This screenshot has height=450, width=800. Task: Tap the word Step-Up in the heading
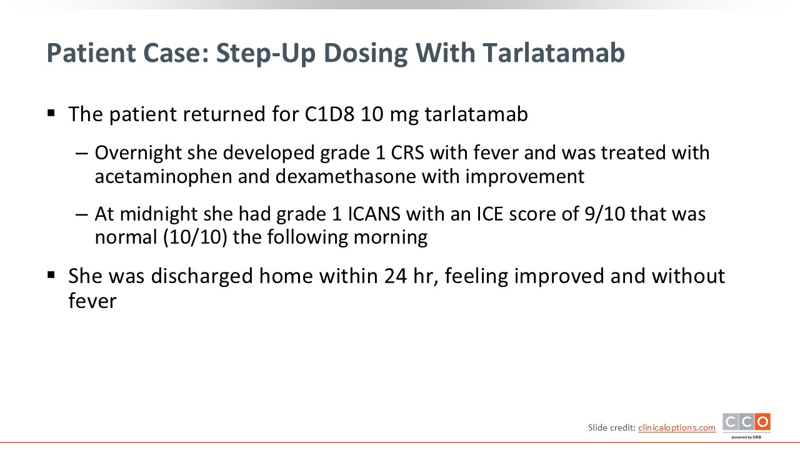(266, 54)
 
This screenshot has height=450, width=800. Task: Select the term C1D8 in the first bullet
(329, 114)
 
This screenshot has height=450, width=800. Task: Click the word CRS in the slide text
(407, 153)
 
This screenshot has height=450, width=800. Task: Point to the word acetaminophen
(164, 177)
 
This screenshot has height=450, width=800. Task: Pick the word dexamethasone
(346, 176)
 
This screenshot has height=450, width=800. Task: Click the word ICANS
(374, 214)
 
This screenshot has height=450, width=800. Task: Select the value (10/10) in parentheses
(195, 237)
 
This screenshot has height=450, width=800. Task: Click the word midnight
(159, 214)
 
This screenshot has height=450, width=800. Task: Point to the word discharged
(202, 276)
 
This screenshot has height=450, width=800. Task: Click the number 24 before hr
(396, 276)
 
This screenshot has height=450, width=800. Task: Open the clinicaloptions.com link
(677, 428)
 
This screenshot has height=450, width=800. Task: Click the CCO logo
(746, 426)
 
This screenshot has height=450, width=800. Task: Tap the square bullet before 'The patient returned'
(51, 114)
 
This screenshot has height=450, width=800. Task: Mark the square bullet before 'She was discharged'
(51, 275)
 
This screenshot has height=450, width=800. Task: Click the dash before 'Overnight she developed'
(82, 154)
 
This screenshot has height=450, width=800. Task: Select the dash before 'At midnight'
(82, 214)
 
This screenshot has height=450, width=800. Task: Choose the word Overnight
(138, 153)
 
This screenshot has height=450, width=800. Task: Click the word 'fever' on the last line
(92, 301)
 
